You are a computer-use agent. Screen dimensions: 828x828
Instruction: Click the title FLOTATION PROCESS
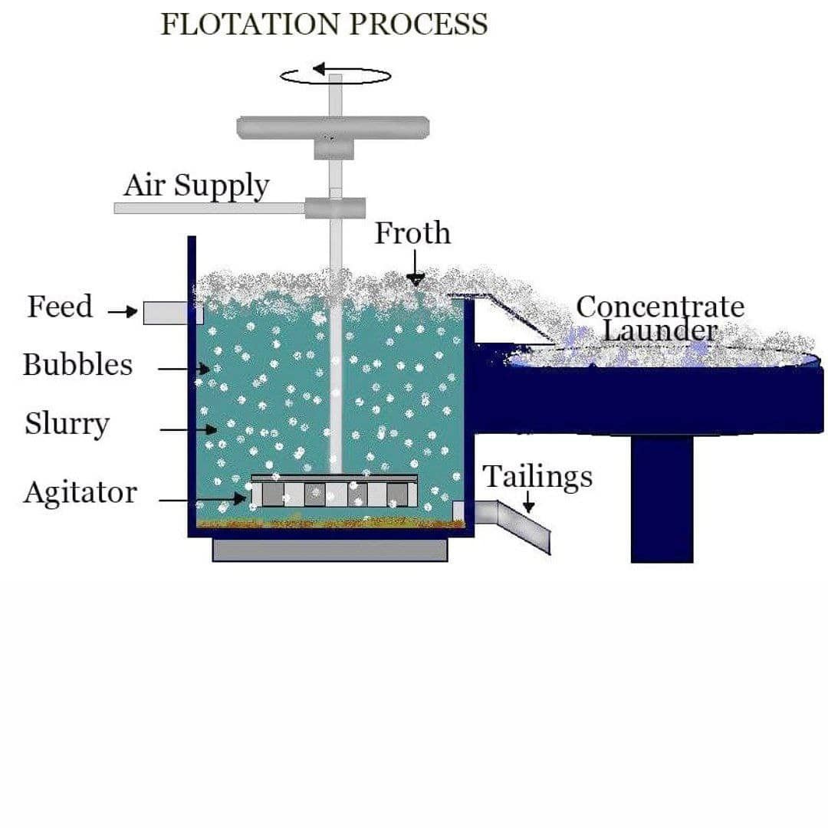pos(324,24)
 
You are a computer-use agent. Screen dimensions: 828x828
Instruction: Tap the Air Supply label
pos(196,186)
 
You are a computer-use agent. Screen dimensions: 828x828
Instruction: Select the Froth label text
pos(412,233)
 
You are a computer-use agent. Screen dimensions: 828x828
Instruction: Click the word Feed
pos(60,307)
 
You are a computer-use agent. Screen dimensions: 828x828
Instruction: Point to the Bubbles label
pos(77,364)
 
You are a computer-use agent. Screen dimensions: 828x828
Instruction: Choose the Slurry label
pos(67,424)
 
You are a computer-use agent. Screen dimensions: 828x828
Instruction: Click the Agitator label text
pos(80,492)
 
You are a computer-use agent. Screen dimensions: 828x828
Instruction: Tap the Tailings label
pos(537,476)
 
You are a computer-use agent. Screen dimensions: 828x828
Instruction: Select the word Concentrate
pos(660,307)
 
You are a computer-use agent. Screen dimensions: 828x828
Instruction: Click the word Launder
pos(660,330)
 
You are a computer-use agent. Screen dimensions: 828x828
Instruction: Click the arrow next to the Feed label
pos(123,312)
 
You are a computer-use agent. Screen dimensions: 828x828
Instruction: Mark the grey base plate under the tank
pos(330,550)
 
